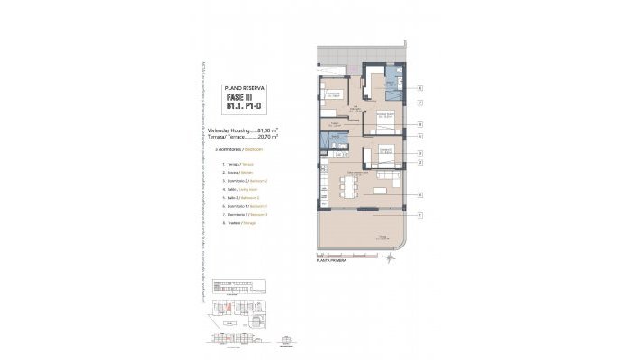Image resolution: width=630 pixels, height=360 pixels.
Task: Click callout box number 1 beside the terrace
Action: [420, 214]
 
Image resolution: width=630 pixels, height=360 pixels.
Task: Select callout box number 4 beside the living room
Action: [420, 193]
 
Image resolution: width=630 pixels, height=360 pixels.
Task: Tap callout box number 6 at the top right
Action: [420, 87]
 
